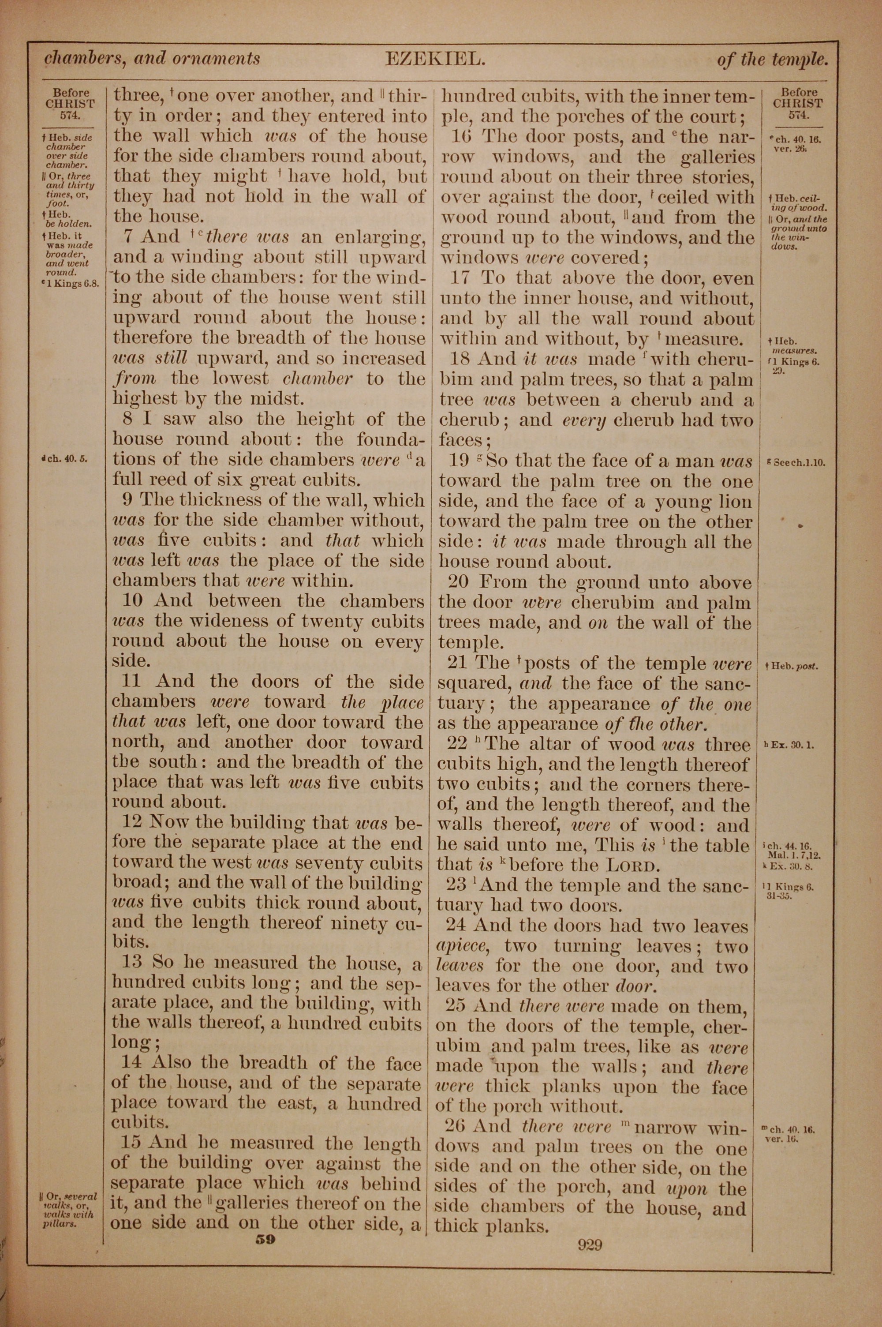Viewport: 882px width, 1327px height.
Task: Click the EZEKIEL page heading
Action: [435, 59]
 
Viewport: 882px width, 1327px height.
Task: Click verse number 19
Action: [459, 461]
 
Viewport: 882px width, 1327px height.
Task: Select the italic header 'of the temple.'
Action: [772, 60]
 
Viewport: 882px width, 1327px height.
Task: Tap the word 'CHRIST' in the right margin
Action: [797, 104]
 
